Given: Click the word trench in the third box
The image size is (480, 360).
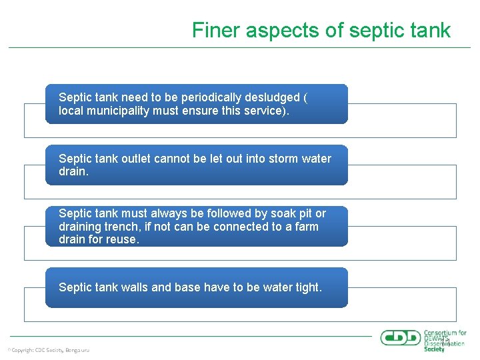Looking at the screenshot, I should pyautogui.click(x=123, y=227).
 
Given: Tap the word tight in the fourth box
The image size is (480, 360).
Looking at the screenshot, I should pyautogui.click(x=306, y=287).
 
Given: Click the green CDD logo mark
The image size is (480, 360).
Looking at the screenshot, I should pyautogui.click(x=400, y=337).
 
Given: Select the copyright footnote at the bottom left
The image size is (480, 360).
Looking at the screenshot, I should pyautogui.click(x=48, y=350).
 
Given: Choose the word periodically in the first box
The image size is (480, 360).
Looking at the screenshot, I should pyautogui.click(x=191, y=97).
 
